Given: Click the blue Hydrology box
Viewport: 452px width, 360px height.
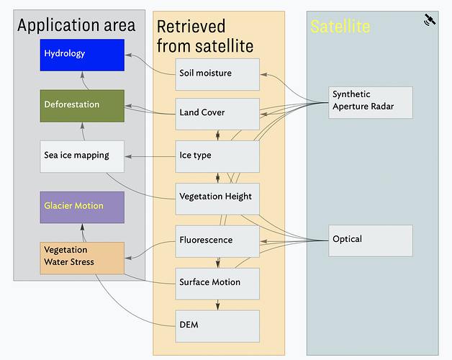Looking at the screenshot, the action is coord(82,55).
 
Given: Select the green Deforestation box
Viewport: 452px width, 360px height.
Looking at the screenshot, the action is coord(82,106).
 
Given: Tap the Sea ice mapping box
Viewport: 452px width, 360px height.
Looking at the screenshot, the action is coord(82,157).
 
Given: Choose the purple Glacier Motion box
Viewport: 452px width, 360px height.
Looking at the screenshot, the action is coord(82,207).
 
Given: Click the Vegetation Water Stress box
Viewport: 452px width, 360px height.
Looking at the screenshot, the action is coord(82,258).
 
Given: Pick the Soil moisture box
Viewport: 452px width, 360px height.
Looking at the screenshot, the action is coord(217,74).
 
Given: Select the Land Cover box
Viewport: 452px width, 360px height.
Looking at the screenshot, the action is coord(217,114).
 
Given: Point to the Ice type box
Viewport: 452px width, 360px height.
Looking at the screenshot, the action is coord(217,157).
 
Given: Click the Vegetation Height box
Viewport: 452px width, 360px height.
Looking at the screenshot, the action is coord(217,199).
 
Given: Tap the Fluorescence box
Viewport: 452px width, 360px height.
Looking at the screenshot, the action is coord(217,241).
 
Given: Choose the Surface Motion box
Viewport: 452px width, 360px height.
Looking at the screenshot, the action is coord(217,284).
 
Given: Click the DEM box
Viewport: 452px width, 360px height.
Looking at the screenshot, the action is coord(217,326).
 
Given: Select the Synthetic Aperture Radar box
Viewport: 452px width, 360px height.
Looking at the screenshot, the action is coord(371,102).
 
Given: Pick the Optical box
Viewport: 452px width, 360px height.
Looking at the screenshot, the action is coord(371,241).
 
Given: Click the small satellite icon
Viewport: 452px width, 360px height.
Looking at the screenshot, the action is coord(430,20).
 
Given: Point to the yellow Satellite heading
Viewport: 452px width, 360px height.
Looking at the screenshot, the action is coord(340,27).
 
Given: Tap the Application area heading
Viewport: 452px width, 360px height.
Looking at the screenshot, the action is coord(76,25).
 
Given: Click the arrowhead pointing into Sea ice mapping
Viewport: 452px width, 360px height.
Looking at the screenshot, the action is coord(129,157).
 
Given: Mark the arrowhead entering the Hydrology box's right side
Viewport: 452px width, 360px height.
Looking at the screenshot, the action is coord(129,55).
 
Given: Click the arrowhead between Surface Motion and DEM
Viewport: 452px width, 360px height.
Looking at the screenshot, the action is coord(217,306).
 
